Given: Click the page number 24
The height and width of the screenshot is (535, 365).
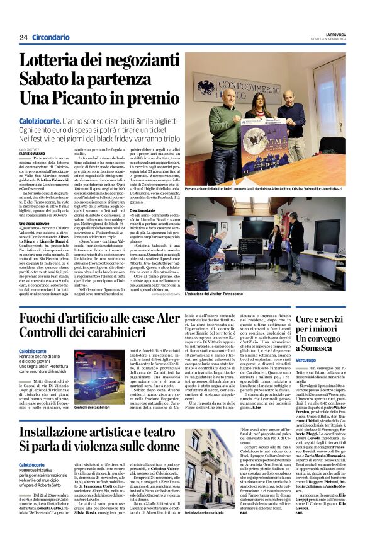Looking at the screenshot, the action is pos(23,37).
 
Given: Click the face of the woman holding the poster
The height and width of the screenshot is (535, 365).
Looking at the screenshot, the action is pos(257,101).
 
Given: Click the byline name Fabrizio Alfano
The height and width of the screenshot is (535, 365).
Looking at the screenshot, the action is pos(35,153).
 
